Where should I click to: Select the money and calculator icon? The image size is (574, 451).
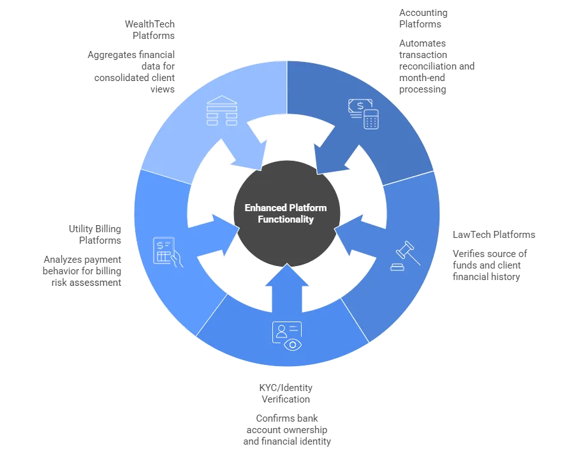[363, 114]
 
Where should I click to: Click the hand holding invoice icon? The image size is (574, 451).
[168, 253]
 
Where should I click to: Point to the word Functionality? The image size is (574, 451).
[286, 219]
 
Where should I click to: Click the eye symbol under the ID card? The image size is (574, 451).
[293, 344]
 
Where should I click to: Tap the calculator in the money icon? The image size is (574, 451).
[371, 119]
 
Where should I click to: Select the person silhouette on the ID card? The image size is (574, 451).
[281, 330]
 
